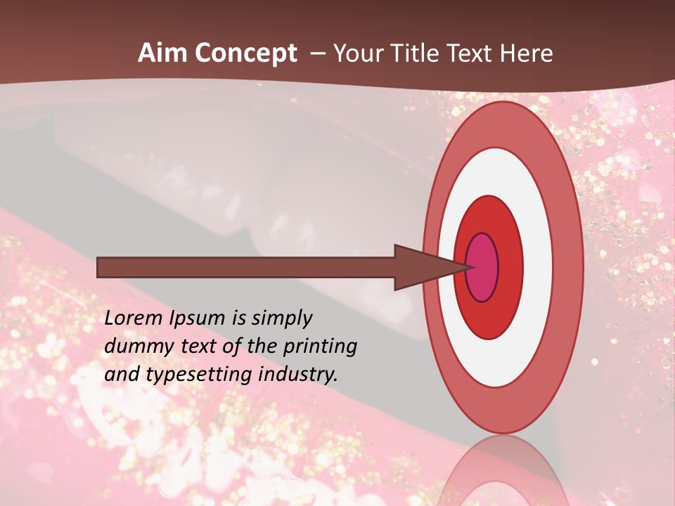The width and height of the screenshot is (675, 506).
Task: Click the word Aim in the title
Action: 162,53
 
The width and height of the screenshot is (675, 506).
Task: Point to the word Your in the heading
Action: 359,53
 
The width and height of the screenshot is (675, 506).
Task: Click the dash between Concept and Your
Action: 318,53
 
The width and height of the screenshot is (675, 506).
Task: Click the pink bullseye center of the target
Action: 482,267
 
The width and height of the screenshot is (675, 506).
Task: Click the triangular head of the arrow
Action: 422,267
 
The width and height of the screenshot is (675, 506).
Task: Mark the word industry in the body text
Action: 298,375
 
